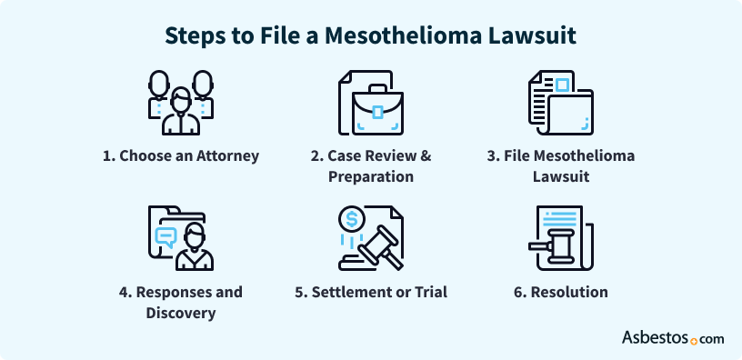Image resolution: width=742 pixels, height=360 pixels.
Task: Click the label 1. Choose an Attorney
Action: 180,155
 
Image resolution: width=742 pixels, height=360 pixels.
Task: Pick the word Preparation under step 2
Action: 371,176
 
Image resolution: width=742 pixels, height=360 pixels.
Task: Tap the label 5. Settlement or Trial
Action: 371,292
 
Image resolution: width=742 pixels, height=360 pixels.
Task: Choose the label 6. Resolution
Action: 560,292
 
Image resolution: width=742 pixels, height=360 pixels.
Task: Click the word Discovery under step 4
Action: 180,313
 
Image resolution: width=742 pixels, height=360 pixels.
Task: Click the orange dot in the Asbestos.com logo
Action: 694,342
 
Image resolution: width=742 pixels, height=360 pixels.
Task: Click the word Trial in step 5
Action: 426,292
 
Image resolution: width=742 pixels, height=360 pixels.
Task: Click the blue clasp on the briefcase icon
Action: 376,113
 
